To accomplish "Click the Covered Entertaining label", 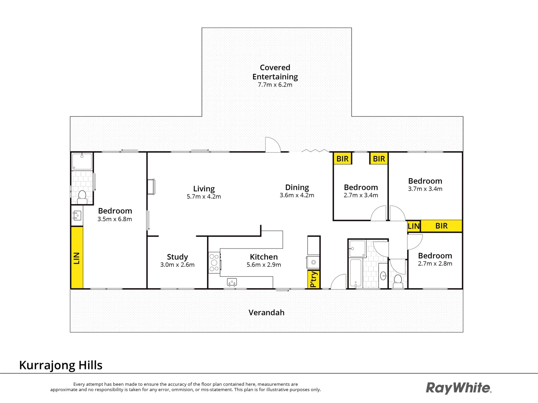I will click(275, 72).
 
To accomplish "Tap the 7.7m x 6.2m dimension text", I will click(275, 85).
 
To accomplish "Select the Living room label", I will click(204, 189).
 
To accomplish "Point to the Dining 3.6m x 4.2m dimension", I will click(297, 195).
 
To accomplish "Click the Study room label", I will click(177, 257).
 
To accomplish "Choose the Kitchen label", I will click(263, 257).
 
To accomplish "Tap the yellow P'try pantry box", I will click(313, 279).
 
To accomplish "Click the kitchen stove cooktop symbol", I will click(214, 263).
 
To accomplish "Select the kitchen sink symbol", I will click(232, 282).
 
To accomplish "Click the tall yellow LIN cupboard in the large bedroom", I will click(77, 257).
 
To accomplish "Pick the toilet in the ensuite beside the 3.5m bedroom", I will click(82, 196).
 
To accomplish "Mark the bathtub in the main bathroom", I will click(355, 273).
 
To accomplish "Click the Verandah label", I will click(266, 313).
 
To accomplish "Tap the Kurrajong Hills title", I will click(61, 365).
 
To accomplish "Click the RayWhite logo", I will click(458, 388).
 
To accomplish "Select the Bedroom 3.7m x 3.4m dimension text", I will click(425, 189).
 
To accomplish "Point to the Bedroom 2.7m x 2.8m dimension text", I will click(435, 263).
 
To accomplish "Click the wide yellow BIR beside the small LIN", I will click(441, 226).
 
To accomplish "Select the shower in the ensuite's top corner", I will click(82, 161).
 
